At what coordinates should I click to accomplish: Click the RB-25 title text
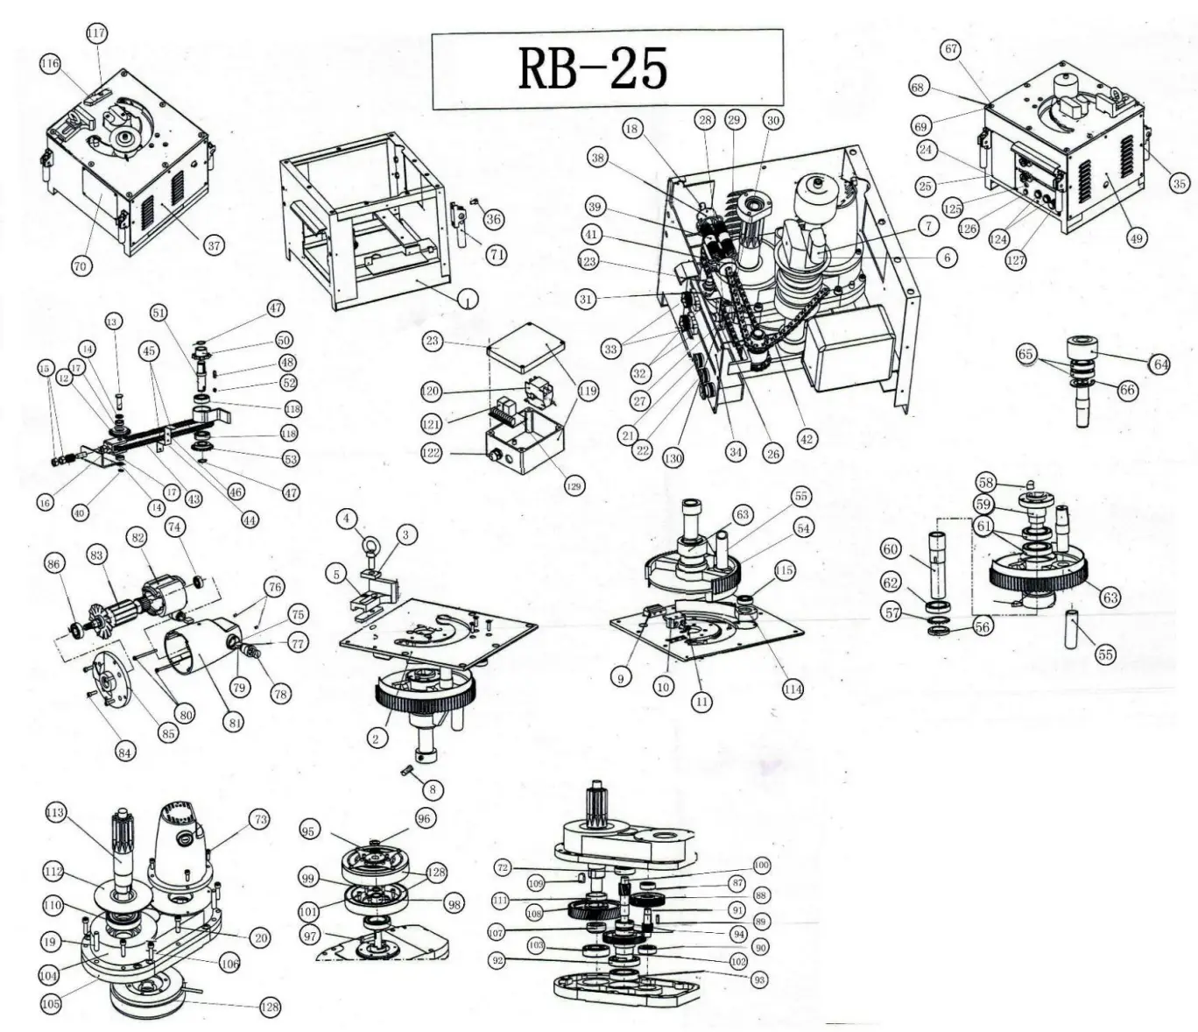pos(593,67)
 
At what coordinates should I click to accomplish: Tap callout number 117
pos(96,33)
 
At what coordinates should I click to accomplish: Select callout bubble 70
pos(81,265)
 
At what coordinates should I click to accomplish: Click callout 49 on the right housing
pos(1136,237)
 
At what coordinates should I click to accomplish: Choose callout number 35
pos(1180,184)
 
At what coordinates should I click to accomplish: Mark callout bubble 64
pos(1159,364)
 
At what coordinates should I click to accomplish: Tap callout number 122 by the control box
pos(431,454)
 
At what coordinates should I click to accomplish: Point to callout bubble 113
pos(55,813)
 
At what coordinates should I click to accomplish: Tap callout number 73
pos(259,820)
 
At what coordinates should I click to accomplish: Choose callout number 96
pos(425,818)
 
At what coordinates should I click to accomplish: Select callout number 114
pos(793,690)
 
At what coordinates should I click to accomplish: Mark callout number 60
pos(891,549)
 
